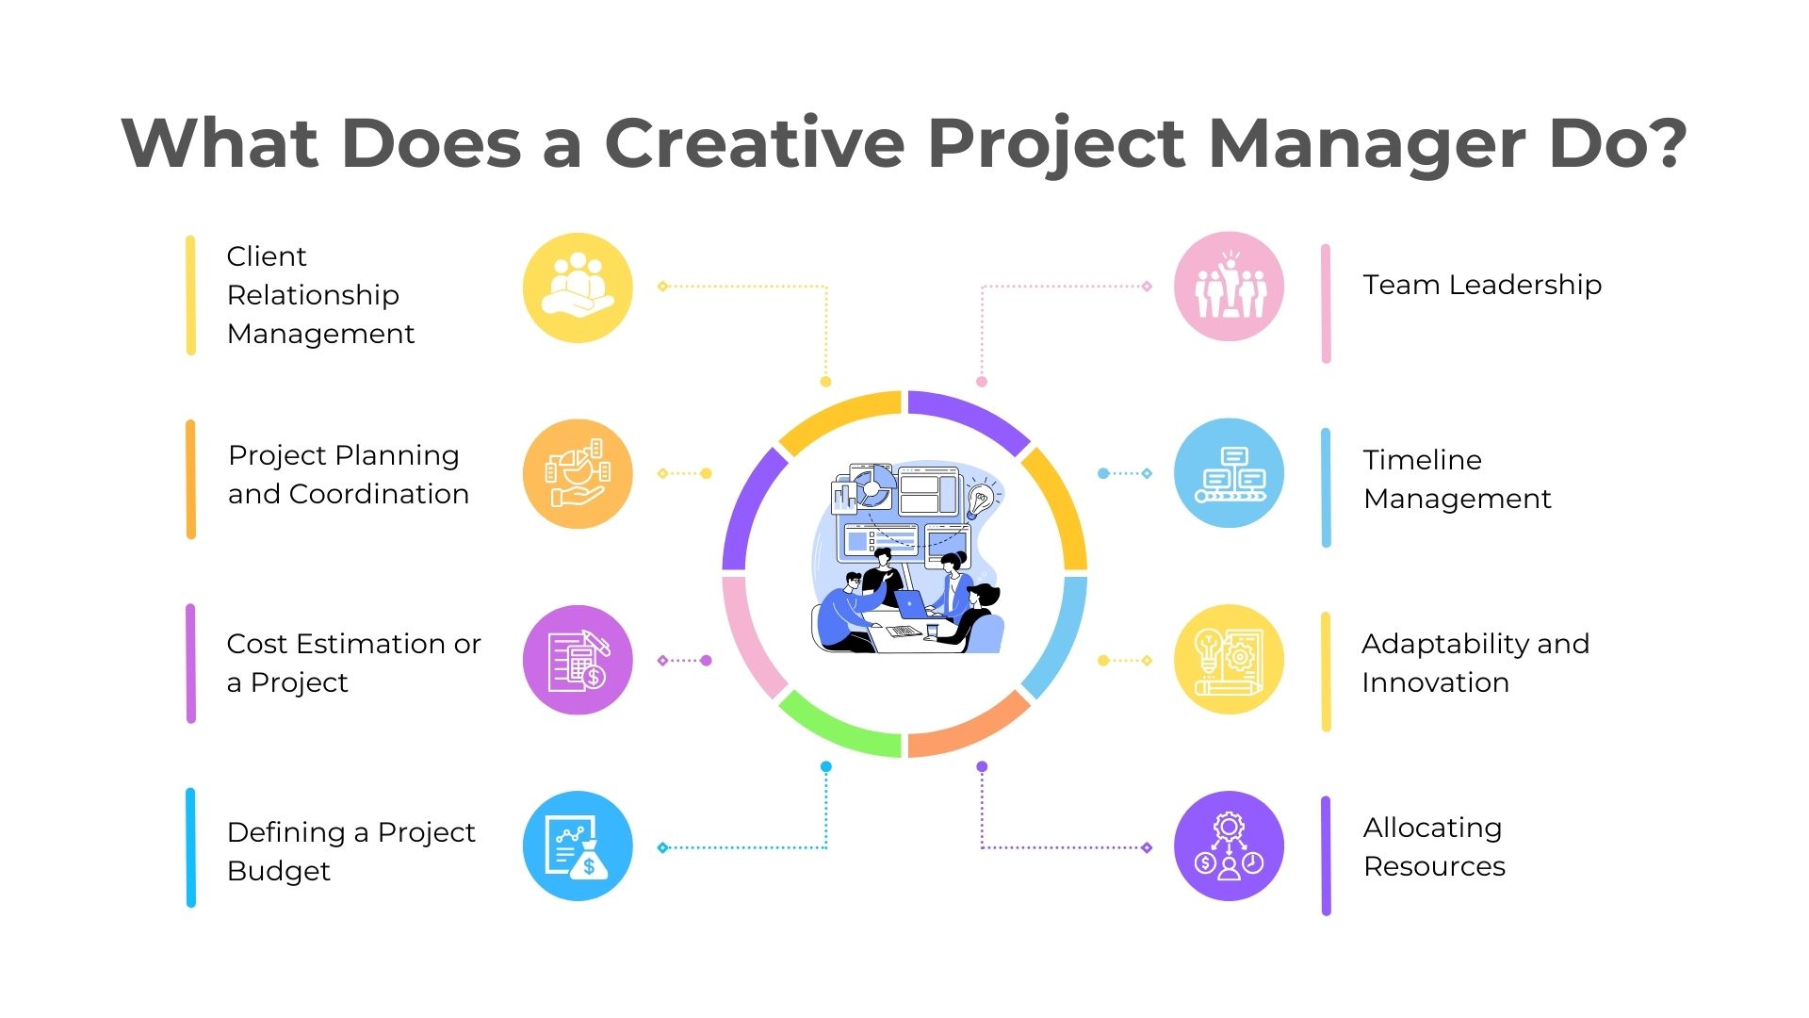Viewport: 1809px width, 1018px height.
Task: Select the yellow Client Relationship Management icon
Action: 578,287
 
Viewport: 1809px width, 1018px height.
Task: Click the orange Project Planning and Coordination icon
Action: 578,473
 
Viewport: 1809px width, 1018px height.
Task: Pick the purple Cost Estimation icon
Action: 578,660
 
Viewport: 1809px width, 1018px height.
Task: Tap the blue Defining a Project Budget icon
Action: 578,846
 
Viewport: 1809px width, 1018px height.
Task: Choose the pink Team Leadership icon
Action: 1229,287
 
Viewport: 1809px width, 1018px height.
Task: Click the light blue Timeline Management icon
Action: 1229,473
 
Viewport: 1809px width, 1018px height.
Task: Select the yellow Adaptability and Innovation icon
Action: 1229,659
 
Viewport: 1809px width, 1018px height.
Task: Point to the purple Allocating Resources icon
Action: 1229,846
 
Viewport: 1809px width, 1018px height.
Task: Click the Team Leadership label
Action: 1482,285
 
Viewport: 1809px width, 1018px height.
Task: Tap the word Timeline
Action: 1423,460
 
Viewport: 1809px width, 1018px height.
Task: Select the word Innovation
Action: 1436,682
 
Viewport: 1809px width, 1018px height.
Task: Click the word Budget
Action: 279,872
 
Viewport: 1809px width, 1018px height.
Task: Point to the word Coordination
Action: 379,494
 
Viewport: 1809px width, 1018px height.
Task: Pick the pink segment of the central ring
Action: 751,637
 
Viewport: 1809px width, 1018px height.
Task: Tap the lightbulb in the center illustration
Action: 980,501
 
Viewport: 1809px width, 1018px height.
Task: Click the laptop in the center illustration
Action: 911,604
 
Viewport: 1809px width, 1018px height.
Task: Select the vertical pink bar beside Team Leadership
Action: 1326,304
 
